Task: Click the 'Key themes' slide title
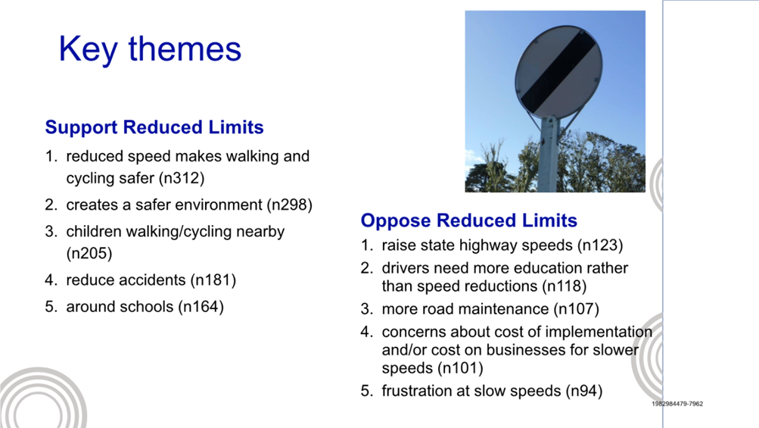pyautogui.click(x=150, y=49)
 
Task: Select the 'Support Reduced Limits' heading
pyautogui.click(x=154, y=127)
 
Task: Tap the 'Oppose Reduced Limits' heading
pyautogui.click(x=469, y=220)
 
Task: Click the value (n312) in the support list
pyautogui.click(x=182, y=178)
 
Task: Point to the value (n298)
pyautogui.click(x=290, y=205)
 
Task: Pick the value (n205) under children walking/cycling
pyautogui.click(x=89, y=253)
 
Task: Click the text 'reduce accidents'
pyautogui.click(x=126, y=280)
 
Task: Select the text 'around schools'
pyautogui.click(x=120, y=306)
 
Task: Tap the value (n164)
pyautogui.click(x=201, y=306)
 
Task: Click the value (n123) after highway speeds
pyautogui.click(x=600, y=245)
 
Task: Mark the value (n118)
pyautogui.click(x=564, y=286)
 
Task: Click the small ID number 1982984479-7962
pyautogui.click(x=677, y=403)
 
